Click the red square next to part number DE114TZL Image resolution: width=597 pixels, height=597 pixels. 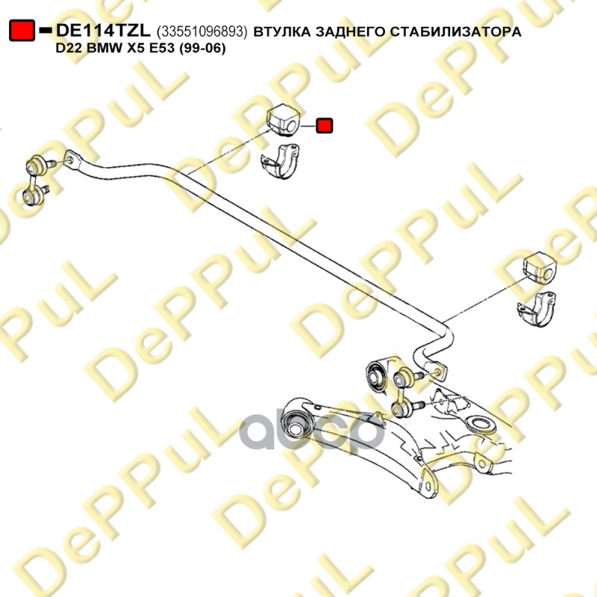(x=22, y=31)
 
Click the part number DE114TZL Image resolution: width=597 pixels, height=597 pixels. (x=104, y=31)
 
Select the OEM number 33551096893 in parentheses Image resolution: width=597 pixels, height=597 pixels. (x=202, y=31)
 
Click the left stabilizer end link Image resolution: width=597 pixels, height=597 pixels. (x=34, y=179)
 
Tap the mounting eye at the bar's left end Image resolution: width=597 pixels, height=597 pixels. (x=70, y=158)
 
